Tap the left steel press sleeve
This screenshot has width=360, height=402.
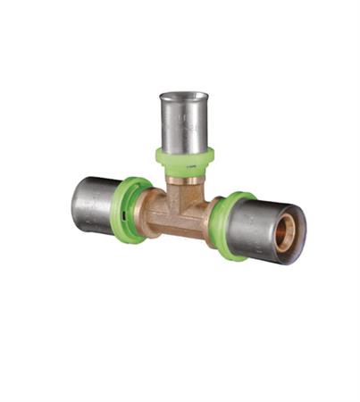point(96,205)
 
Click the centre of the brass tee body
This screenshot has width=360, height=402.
point(182,210)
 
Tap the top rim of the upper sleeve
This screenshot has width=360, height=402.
point(184,96)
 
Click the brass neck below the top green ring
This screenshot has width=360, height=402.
point(184,182)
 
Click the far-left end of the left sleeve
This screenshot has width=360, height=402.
point(74,202)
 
